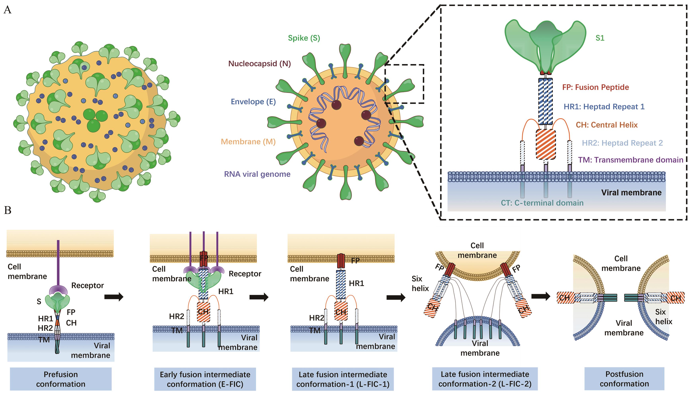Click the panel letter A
[x=8, y=10]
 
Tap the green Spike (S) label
[x=304, y=38]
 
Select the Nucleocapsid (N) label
[x=259, y=64]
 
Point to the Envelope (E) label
[x=253, y=102]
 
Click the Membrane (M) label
[x=248, y=142]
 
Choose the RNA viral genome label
[x=257, y=174]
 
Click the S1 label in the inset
[x=600, y=38]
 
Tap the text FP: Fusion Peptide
[x=595, y=87]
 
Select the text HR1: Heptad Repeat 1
[x=604, y=107]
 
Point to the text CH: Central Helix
[x=606, y=125]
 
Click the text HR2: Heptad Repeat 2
[x=622, y=143]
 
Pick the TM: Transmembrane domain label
[x=631, y=160]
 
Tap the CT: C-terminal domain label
[x=542, y=203]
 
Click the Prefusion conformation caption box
[x=61, y=379]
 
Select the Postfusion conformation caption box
[x=624, y=379]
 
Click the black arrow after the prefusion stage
[x=114, y=297]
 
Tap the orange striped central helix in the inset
[x=546, y=144]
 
